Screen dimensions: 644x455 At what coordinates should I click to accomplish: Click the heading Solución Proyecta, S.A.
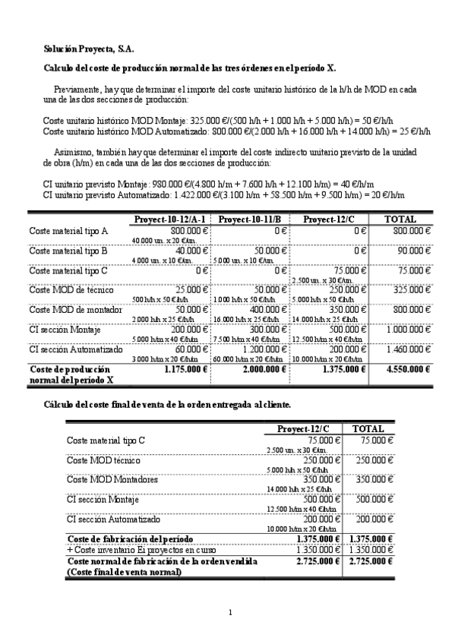click(x=88, y=49)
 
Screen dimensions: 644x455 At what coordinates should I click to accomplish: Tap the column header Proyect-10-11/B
click(x=251, y=220)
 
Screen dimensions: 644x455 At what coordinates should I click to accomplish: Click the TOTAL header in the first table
click(x=400, y=220)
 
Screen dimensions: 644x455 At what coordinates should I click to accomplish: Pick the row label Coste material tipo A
click(x=68, y=231)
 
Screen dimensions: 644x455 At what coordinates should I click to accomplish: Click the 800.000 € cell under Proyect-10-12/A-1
click(x=188, y=231)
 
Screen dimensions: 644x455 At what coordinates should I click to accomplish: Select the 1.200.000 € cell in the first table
click(x=265, y=349)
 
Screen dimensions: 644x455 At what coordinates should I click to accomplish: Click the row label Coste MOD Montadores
click(x=112, y=480)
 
